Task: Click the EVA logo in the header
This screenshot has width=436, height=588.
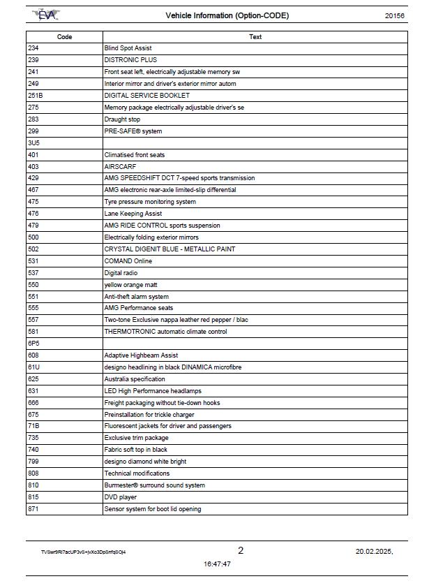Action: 47,15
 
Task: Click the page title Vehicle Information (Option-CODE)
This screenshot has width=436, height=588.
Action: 227,15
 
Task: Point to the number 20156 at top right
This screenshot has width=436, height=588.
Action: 395,15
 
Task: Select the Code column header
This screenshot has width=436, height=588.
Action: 64,37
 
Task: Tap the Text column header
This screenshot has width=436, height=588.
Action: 255,37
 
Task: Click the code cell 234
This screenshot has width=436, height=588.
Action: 33,48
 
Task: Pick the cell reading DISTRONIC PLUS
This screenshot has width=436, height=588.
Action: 130,60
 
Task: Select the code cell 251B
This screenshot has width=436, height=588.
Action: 36,96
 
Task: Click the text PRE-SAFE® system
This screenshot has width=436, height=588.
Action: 133,131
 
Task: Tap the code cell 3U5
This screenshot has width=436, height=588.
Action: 33,142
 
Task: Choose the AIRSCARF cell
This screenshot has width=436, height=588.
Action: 119,167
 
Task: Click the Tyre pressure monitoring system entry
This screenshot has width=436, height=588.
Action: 149,202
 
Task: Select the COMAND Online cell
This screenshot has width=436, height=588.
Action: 128,261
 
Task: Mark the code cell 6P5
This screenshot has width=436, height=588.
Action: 33,344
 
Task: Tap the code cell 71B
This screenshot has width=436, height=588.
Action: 33,426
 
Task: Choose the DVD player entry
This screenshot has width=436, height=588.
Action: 120,497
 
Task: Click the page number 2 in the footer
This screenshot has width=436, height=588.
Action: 241,550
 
